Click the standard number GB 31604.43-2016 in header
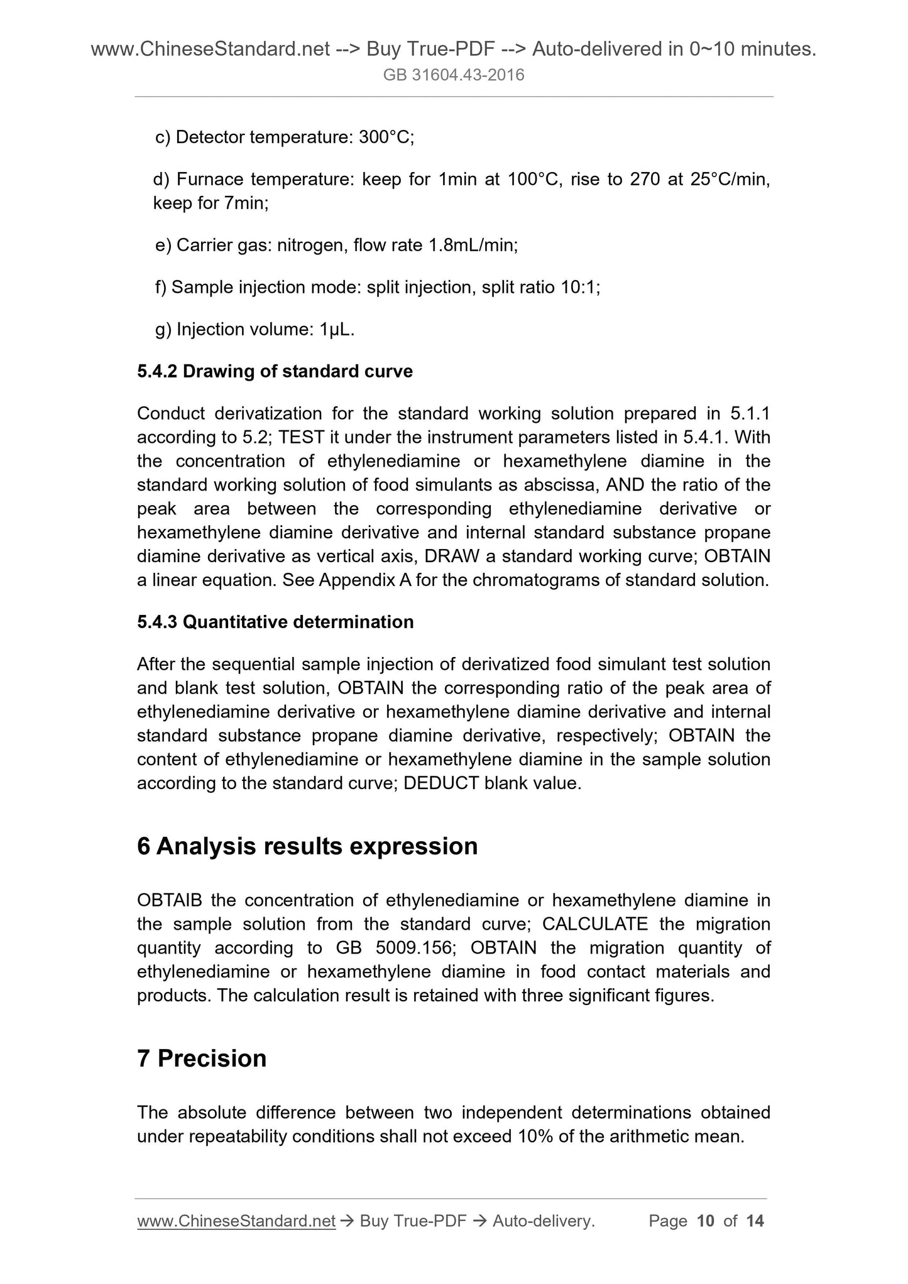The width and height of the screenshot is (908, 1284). tap(454, 76)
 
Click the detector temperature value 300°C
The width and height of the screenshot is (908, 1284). tap(385, 137)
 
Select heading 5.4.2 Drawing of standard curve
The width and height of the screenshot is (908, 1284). tap(275, 371)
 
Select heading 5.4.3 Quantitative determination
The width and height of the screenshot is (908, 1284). tap(275, 622)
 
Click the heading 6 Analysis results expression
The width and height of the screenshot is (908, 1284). tap(307, 846)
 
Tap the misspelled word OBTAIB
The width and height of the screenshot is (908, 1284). tap(170, 900)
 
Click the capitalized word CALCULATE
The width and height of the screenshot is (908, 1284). tap(594, 924)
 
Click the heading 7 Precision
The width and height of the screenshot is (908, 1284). tap(202, 1058)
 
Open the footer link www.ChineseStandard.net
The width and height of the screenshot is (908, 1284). tap(236, 1221)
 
